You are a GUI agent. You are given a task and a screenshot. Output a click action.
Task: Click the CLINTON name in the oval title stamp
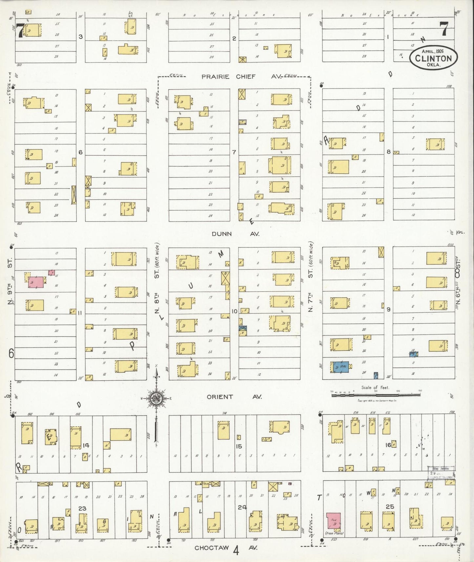433,58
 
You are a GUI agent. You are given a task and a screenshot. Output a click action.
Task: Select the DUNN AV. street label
235,234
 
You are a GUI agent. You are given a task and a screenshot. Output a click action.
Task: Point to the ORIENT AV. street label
234,397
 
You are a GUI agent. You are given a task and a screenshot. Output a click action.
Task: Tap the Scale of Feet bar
376,395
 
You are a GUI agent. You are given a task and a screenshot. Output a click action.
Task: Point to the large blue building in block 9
340,367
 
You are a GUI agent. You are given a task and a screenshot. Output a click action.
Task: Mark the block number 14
86,445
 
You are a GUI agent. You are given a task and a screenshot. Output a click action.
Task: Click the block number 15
239,446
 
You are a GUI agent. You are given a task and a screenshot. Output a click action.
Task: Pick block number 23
82,508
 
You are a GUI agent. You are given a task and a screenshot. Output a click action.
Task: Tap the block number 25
390,507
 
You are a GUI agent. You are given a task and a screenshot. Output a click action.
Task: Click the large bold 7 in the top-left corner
20,31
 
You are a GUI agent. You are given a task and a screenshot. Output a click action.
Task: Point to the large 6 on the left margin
11,353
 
